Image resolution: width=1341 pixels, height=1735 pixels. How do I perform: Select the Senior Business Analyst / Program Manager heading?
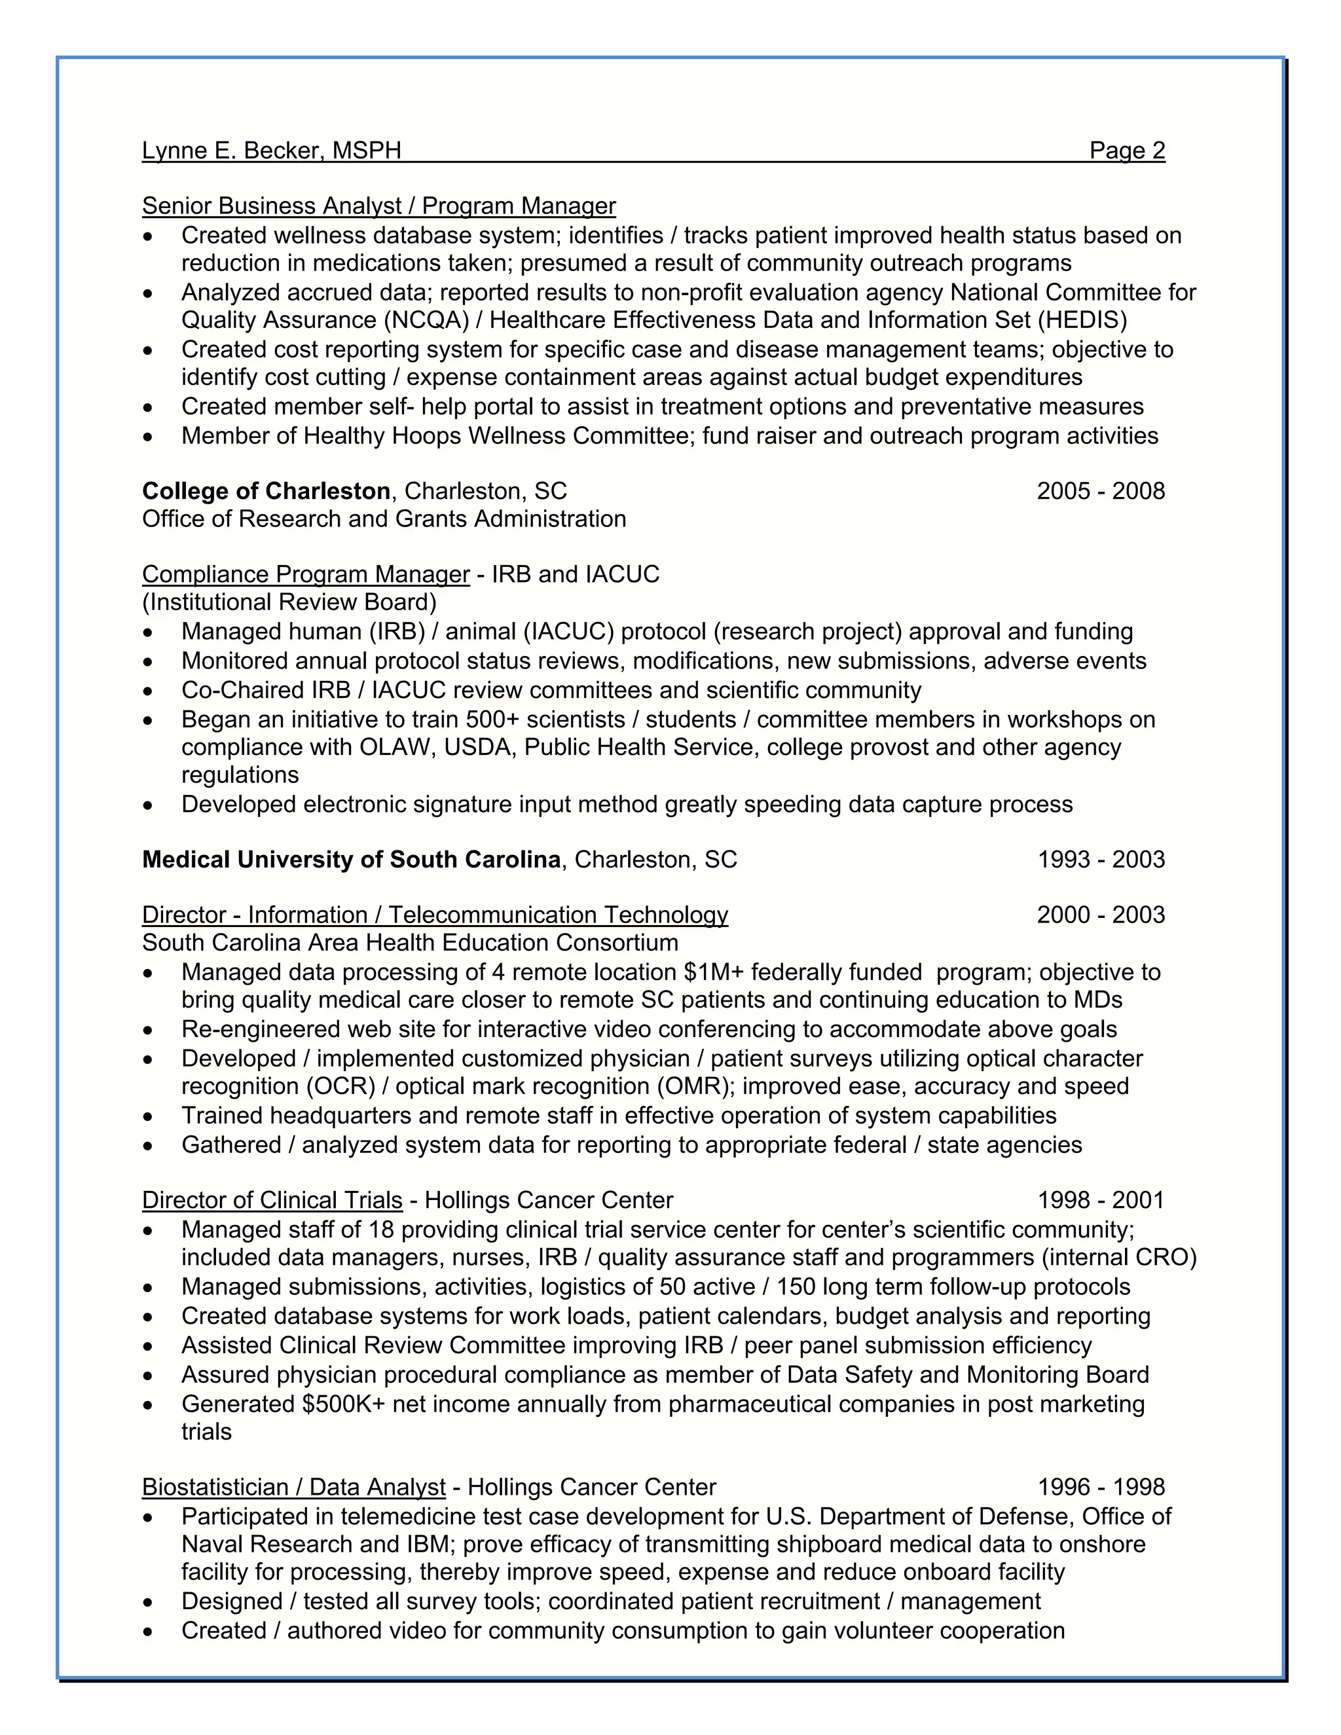coord(378,206)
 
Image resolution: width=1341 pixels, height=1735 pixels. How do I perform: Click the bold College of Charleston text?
coord(266,491)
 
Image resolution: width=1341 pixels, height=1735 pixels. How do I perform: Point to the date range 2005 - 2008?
coord(1100,491)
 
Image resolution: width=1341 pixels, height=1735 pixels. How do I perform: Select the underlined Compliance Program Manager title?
coord(306,574)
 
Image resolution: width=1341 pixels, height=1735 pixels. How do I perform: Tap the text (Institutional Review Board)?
coord(289,602)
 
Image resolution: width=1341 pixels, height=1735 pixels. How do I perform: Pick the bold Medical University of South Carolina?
coord(351,860)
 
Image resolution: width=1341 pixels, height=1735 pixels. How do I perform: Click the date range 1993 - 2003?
coord(1100,860)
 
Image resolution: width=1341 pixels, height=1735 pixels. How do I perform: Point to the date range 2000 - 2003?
coord(1100,915)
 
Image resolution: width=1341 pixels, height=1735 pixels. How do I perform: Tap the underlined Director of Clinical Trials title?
coord(272,1199)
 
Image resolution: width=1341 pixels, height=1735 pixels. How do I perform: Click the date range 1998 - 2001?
coord(1100,1199)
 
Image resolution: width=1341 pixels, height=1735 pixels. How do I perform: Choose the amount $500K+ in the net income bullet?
coord(343,1404)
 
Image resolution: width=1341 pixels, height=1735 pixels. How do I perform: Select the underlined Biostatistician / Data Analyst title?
coord(293,1486)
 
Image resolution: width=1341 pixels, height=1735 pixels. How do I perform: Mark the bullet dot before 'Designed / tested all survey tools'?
coord(148,1601)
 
